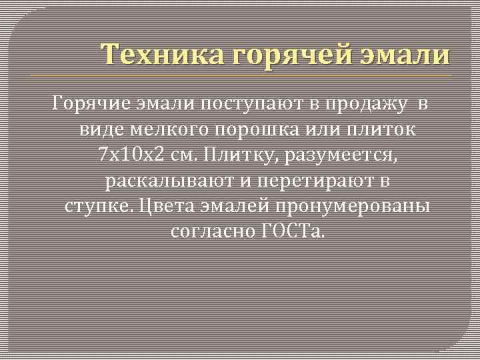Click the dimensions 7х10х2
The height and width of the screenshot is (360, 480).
click(x=130, y=155)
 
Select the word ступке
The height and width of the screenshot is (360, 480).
click(x=101, y=206)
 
